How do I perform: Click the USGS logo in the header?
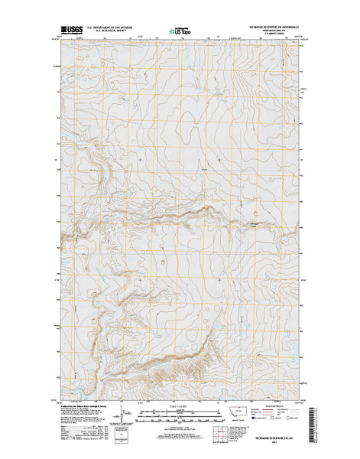click(73, 31)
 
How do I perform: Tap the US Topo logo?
click(180, 31)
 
